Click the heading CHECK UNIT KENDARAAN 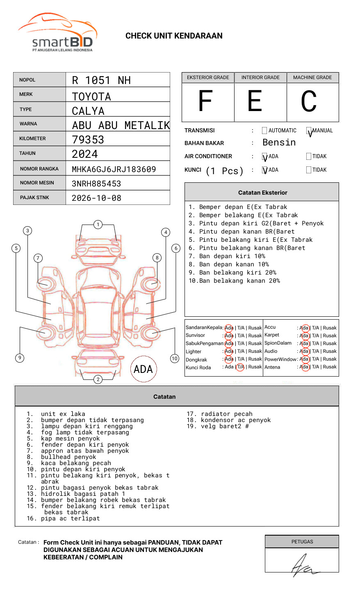click(174, 36)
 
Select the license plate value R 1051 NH click(101, 80)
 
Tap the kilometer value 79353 click(88, 140)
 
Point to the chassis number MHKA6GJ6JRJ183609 click(114, 169)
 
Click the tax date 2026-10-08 click(97, 198)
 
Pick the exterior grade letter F click(205, 101)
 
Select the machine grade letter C click(309, 101)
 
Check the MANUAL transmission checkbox click(309, 131)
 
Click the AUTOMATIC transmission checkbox click(264, 131)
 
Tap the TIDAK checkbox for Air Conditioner click(309, 156)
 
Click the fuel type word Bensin click(279, 143)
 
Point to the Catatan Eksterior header click(262, 193)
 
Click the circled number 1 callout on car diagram click(98, 225)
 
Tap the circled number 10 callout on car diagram click(175, 359)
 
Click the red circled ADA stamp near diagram click(143, 369)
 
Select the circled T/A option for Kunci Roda click(240, 367)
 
